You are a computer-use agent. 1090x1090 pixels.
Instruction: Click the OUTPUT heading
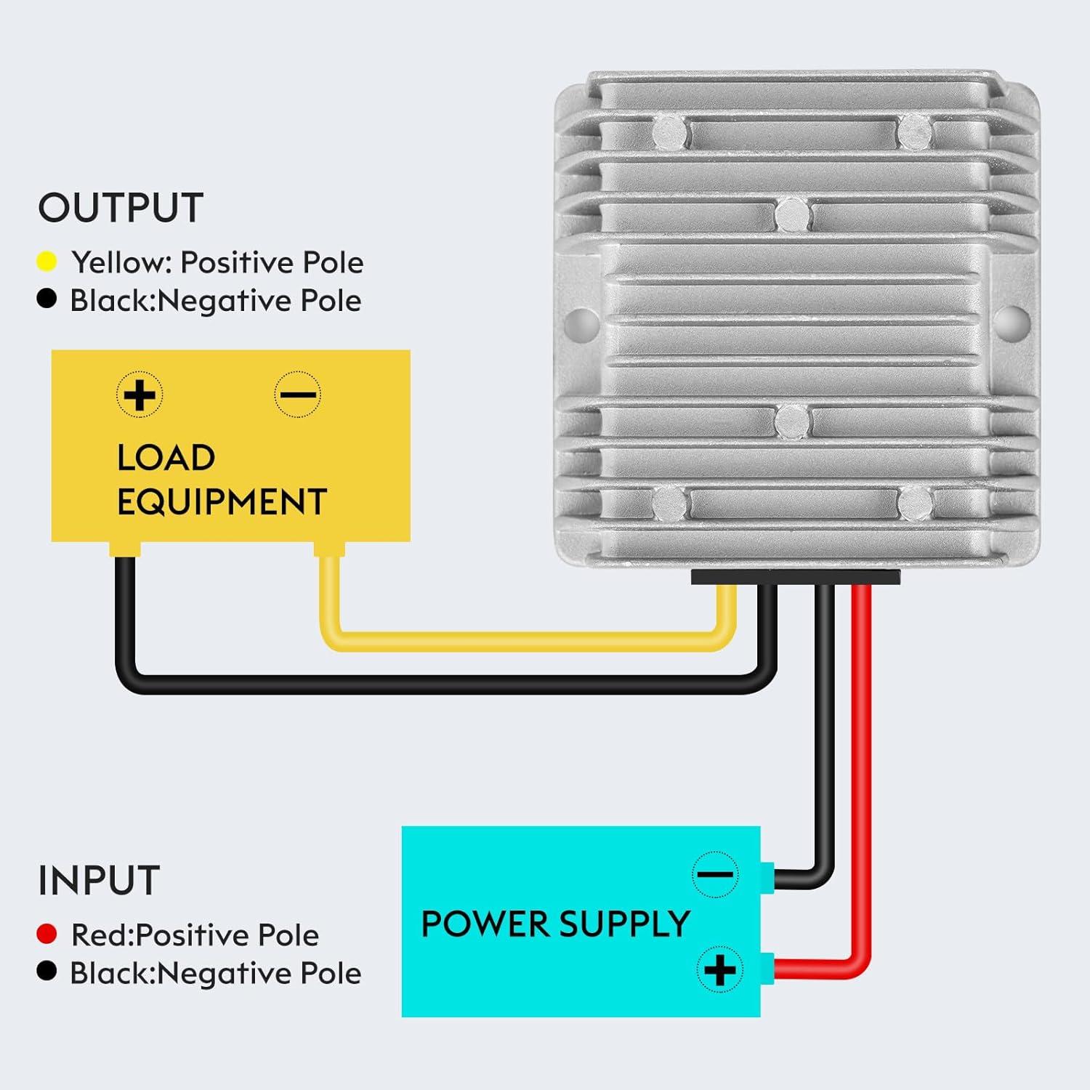[x=121, y=209]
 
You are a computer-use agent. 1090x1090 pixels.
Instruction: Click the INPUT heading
[x=99, y=881]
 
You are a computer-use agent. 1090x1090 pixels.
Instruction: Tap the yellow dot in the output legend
[x=47, y=262]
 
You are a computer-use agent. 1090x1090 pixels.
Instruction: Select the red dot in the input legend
[x=47, y=934]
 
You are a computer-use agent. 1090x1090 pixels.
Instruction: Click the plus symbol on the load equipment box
[x=140, y=395]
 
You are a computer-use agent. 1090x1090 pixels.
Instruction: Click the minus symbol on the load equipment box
[x=297, y=395]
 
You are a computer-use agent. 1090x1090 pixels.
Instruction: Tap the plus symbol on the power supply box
[x=719, y=970]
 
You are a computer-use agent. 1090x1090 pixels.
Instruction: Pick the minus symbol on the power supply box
[x=715, y=874]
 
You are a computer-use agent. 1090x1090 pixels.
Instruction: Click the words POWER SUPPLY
[x=555, y=924]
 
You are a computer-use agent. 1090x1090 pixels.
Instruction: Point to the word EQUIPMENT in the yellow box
[x=222, y=502]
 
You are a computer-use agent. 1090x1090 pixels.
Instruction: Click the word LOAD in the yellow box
[x=166, y=458]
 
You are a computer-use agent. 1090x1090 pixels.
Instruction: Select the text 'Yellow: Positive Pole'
[x=217, y=262]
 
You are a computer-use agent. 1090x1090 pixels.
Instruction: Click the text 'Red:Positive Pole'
[x=195, y=935]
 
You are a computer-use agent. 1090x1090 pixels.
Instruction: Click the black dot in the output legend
[x=47, y=299]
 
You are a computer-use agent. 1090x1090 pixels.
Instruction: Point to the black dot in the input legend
[x=47, y=972]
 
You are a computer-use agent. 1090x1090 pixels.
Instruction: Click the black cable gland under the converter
[x=796, y=577]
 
